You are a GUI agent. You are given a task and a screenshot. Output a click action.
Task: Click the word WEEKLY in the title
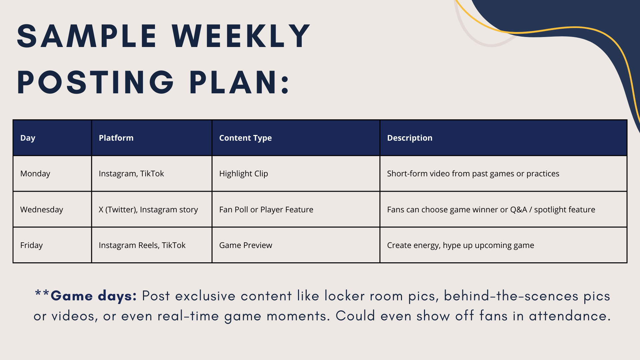point(241,36)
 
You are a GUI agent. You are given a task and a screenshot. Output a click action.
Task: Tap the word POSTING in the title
point(95,82)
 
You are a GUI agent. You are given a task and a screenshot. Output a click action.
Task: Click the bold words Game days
point(94,296)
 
